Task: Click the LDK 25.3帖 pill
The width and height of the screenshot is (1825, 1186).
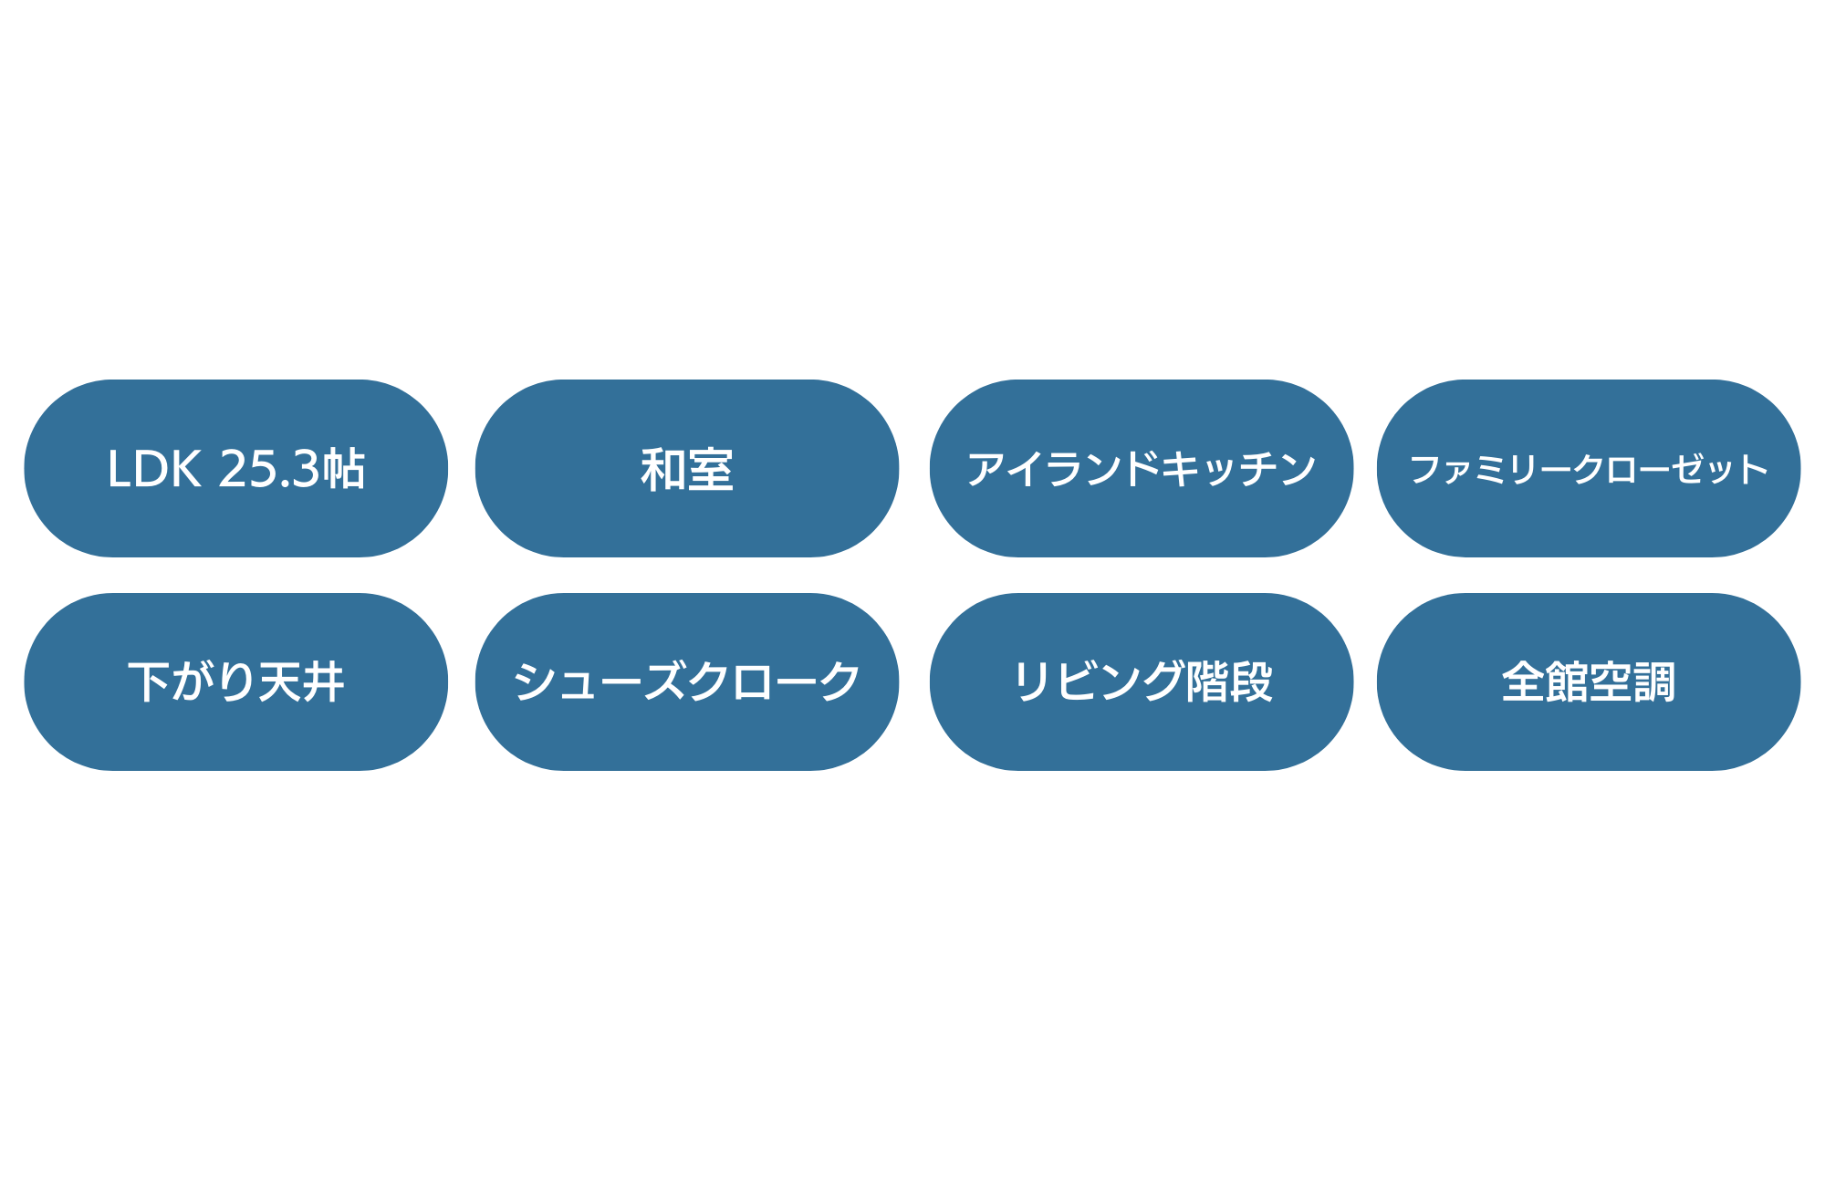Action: tap(235, 468)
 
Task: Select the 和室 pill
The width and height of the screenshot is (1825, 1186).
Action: tap(687, 468)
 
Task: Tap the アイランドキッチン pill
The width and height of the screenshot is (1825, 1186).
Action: tap(1141, 468)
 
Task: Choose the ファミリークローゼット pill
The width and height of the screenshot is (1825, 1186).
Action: tap(1589, 468)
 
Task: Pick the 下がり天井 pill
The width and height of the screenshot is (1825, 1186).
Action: tap(235, 681)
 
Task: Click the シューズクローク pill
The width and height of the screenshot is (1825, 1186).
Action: tap(687, 681)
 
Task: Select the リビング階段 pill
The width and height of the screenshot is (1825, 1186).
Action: tap(1141, 681)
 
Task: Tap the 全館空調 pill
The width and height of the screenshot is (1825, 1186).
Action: tap(1589, 681)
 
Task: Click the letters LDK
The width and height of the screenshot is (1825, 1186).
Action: tap(153, 469)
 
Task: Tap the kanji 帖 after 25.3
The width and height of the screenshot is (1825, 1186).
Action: tap(343, 469)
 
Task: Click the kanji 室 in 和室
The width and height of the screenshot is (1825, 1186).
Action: tap(711, 470)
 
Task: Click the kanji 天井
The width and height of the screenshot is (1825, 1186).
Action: tap(301, 682)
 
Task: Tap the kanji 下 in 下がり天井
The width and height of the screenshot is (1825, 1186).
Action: tap(149, 682)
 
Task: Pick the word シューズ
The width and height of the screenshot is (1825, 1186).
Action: tap(600, 682)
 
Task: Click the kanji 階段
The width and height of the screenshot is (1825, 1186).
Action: tap(1229, 681)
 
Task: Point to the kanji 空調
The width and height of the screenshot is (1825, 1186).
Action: tap(1632, 682)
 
